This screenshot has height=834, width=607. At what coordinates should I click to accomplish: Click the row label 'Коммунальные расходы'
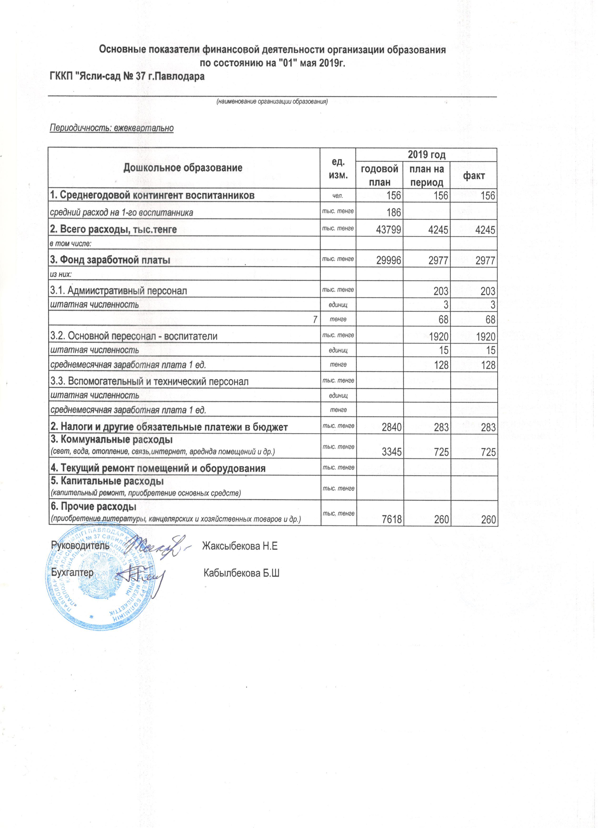(112, 440)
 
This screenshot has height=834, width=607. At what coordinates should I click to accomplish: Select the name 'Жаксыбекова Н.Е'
(240, 546)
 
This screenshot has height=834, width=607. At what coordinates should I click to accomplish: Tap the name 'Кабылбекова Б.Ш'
(241, 573)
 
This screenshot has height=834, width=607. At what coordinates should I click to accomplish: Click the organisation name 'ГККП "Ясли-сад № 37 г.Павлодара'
(127, 77)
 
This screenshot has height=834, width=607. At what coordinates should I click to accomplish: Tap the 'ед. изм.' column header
(338, 168)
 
